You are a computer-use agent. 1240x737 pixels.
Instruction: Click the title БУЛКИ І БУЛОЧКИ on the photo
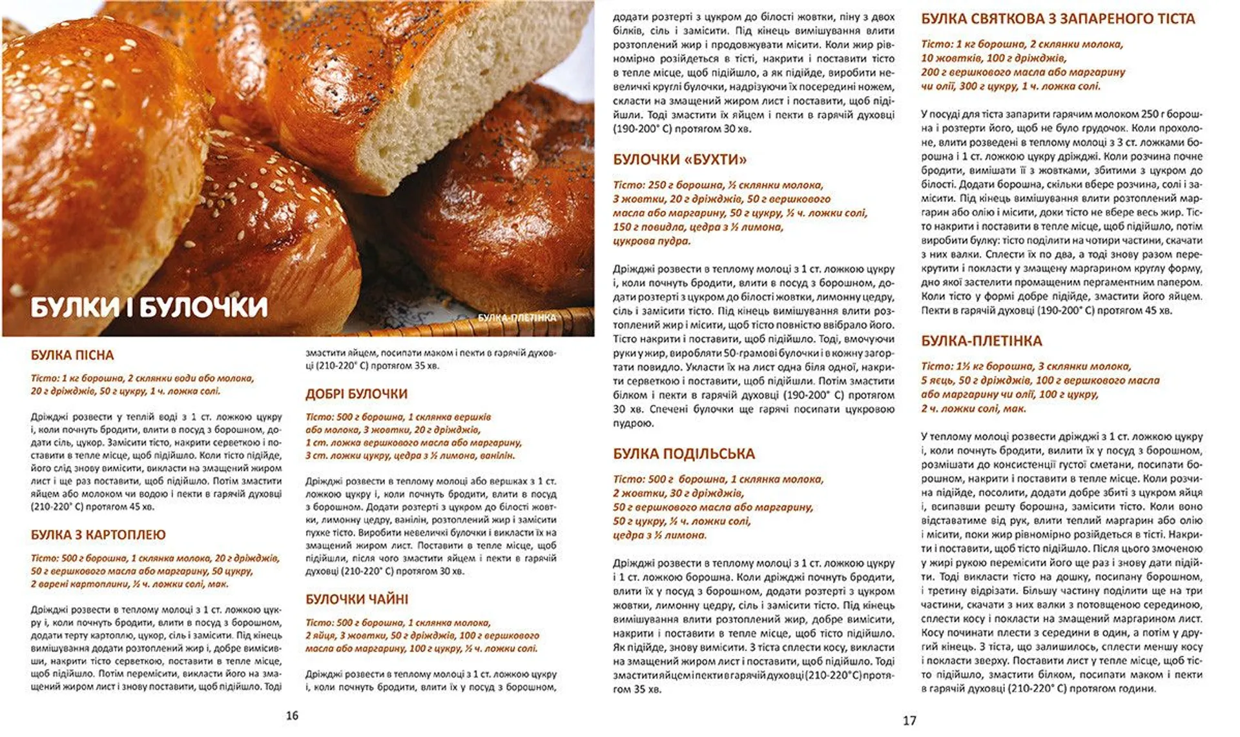149,307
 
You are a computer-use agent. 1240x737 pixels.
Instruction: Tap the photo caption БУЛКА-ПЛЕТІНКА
517,318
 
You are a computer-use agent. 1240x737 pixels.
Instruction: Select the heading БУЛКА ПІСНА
72,355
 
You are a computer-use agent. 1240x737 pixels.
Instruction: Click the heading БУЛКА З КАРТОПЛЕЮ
98,534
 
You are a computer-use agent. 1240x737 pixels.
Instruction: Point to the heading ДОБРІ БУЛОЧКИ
356,394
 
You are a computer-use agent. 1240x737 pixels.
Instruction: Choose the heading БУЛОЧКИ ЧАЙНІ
356,599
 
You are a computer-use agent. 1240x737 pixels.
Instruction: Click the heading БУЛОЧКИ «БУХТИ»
679,159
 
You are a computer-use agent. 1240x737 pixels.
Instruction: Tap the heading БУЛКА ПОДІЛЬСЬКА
684,454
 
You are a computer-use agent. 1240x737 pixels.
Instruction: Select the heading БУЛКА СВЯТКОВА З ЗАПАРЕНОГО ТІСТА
1058,19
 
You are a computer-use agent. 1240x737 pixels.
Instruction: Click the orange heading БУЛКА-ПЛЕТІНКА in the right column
982,341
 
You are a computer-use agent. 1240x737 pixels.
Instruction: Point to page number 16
292,715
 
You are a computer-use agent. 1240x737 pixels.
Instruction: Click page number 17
909,720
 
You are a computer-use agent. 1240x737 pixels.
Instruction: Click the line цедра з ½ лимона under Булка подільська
659,535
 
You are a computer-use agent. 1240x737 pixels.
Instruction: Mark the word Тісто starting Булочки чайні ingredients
319,623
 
